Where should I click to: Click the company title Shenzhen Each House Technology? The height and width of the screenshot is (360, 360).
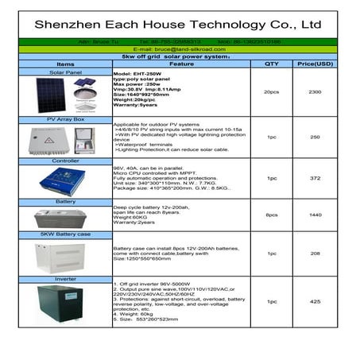(179, 23)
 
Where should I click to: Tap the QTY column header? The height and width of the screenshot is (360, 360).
(271, 64)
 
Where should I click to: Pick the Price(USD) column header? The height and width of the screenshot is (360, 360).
(313, 64)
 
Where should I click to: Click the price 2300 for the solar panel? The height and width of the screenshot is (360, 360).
(315, 93)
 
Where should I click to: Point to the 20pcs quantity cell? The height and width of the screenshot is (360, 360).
(271, 93)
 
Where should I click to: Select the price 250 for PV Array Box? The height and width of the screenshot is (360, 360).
(315, 137)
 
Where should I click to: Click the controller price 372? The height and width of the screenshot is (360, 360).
(315, 178)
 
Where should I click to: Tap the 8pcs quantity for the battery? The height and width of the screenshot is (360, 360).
(271, 215)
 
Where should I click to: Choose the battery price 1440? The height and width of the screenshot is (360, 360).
(315, 215)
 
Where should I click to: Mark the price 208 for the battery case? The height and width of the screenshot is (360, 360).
(315, 254)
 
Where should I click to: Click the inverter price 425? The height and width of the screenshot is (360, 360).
(315, 302)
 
